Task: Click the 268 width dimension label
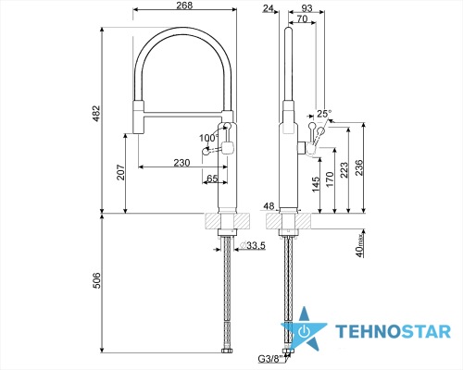pos(184,6)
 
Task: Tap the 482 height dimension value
pos(96,114)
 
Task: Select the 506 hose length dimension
pos(96,280)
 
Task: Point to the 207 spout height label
pos(120,173)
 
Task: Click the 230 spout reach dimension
pos(181,162)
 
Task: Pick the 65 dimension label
pos(212,179)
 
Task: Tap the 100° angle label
pos(208,138)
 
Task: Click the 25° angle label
pos(324,114)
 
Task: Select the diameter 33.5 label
pos(253,245)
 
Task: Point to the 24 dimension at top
pos(268,8)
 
